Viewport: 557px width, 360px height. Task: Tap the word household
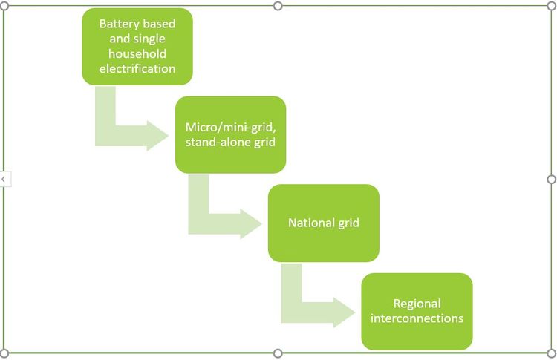pos(137,53)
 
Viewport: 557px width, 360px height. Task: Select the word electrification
pos(137,68)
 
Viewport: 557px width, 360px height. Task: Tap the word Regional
pos(417,304)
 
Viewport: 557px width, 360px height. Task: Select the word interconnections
pos(417,318)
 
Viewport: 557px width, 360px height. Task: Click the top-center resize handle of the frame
pos(278,6)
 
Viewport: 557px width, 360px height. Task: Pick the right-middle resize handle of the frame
pos(551,179)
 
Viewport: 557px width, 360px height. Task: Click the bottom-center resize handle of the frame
pos(278,353)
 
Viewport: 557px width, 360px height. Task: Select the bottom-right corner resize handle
pos(551,353)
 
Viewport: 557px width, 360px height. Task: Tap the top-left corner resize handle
pos(5,6)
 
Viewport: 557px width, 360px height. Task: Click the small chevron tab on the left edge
pos(4,179)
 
